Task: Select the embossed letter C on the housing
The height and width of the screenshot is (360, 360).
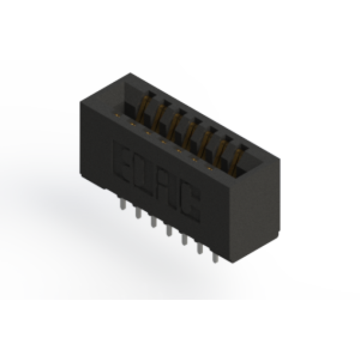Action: pos(190,203)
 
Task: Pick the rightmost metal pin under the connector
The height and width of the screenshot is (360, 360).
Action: pos(215,257)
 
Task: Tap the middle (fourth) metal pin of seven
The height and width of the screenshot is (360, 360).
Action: pos(169,230)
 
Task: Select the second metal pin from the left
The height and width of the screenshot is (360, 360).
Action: pos(138,212)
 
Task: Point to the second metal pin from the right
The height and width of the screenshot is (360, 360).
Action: pos(200,248)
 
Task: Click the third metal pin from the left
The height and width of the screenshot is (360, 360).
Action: pos(153,221)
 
